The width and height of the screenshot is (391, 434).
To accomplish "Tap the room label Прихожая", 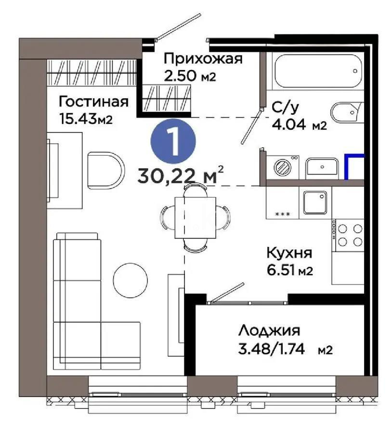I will [202, 59].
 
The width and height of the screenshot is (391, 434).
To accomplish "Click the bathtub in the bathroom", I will [315, 72].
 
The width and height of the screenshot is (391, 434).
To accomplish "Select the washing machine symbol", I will [283, 167].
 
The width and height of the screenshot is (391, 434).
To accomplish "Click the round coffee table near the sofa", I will [130, 279].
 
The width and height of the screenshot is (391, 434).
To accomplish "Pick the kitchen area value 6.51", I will [282, 271].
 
